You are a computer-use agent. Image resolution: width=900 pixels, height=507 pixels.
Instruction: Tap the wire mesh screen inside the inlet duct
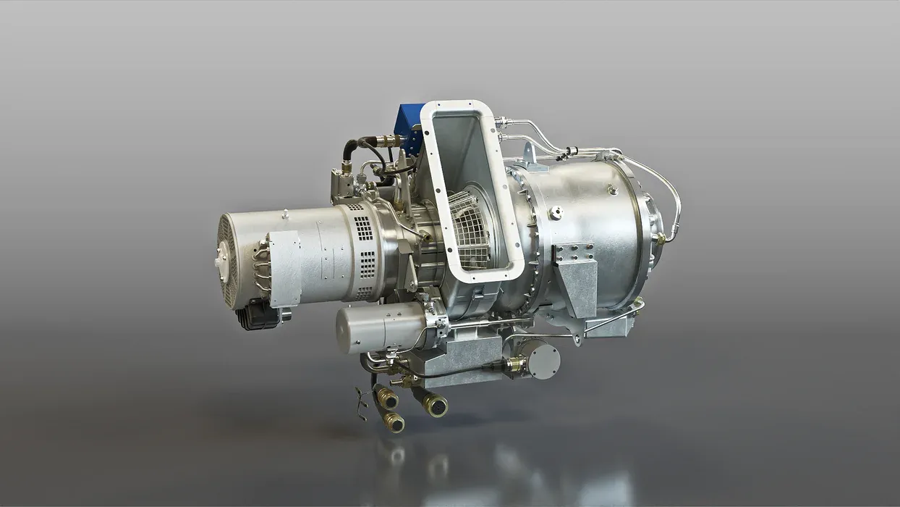click(470, 227)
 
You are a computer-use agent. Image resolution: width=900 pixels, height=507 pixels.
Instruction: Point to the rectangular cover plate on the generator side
click(284, 267)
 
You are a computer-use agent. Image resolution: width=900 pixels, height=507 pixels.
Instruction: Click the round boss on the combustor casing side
click(556, 213)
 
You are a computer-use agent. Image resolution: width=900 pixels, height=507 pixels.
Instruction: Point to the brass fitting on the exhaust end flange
click(659, 238)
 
